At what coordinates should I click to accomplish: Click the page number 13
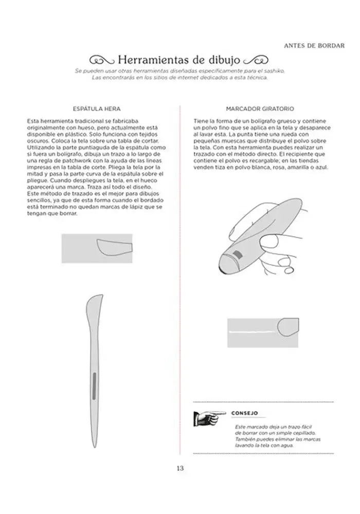click(x=179, y=468)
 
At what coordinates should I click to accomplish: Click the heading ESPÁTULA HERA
click(x=98, y=109)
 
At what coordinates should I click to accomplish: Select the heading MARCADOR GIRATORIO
click(x=260, y=109)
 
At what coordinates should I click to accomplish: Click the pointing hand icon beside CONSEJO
click(x=209, y=415)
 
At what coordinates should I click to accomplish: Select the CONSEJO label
click(x=244, y=413)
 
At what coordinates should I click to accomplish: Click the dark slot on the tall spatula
click(x=94, y=387)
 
